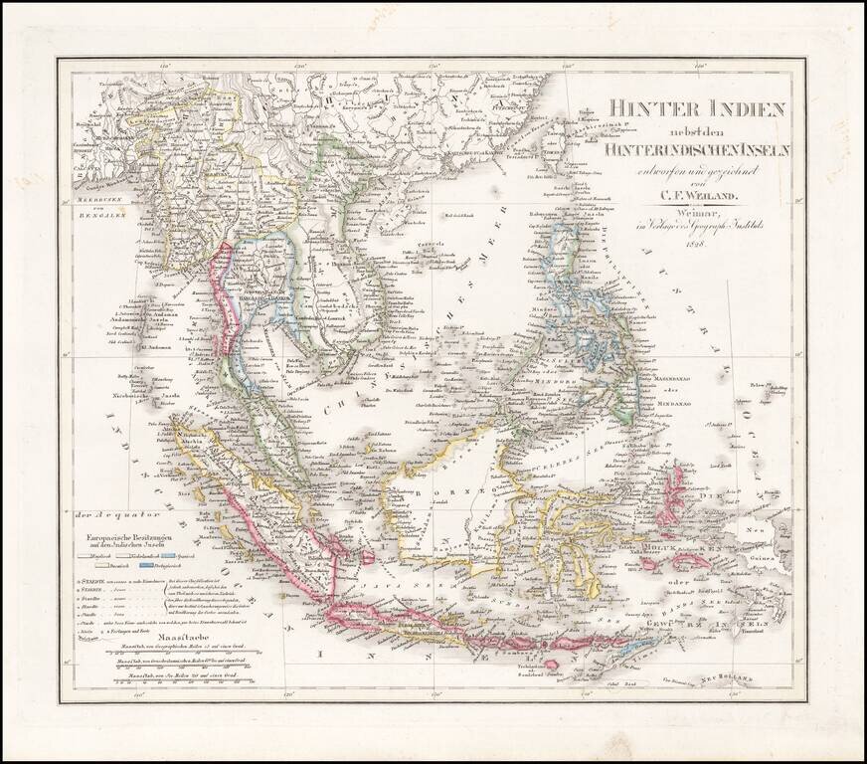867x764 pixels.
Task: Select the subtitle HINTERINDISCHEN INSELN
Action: [683, 148]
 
